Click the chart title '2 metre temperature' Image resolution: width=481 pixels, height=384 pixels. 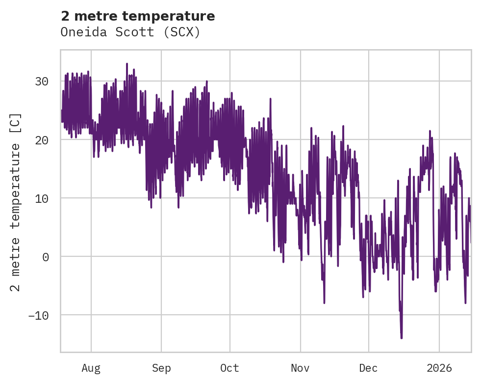click(x=138, y=16)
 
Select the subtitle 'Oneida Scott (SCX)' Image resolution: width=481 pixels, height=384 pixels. click(x=130, y=32)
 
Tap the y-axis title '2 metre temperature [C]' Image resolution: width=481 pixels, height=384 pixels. click(x=16, y=202)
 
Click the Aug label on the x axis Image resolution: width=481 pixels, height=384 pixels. click(x=91, y=368)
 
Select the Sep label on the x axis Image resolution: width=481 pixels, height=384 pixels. click(x=161, y=368)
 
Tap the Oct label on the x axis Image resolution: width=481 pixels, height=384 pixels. click(x=229, y=368)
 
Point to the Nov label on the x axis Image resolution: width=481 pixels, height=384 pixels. click(x=300, y=368)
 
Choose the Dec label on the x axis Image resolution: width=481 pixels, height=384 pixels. click(x=368, y=368)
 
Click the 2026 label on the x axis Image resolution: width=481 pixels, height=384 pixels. click(x=439, y=368)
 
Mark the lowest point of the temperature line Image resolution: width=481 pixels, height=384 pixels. click(x=401, y=338)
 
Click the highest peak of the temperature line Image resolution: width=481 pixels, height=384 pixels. click(x=127, y=64)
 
